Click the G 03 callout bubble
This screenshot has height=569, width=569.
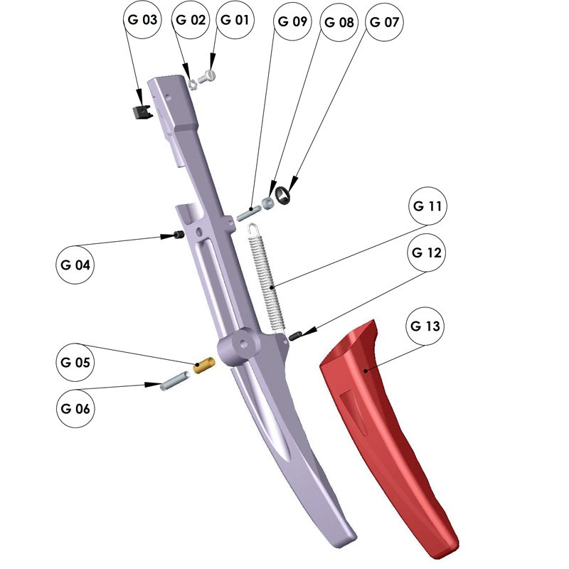[142, 19]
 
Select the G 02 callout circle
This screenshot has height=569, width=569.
[191, 20]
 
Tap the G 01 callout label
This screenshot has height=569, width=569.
[235, 20]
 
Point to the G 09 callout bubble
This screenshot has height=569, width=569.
[292, 21]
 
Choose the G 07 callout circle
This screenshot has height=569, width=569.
[384, 22]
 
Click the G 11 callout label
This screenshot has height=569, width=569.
[427, 206]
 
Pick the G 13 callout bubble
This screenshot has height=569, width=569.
[425, 326]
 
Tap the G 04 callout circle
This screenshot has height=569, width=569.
[75, 265]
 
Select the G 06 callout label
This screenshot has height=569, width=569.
[75, 408]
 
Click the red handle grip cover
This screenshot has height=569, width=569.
[388, 435]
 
